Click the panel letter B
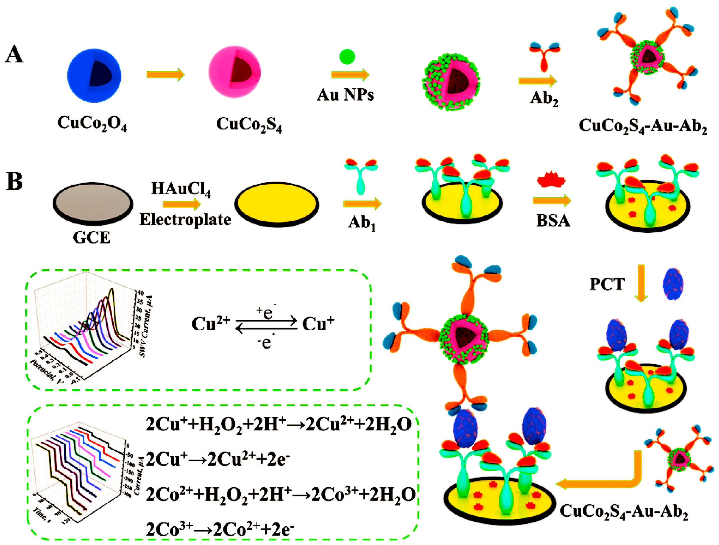point(15,181)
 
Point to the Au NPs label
point(345,95)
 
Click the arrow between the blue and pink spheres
point(165,74)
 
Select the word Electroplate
point(185,220)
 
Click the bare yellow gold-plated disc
point(277,204)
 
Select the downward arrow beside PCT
point(641,283)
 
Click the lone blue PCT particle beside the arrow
point(673,284)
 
